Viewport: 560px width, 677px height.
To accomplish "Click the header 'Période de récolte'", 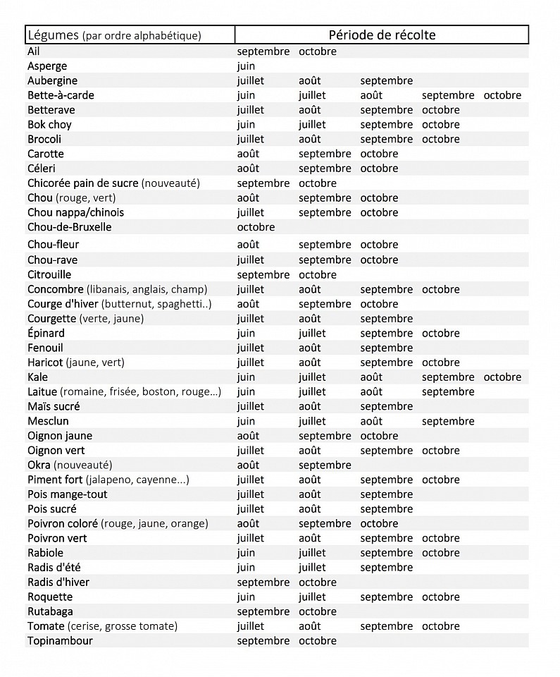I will point(382,35).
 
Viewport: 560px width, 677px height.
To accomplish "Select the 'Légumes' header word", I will point(53,35).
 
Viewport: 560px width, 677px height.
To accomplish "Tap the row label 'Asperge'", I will point(47,66).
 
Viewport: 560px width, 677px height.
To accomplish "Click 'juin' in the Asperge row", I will point(247,66).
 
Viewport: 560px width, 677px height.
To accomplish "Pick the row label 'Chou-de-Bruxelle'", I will point(69,227).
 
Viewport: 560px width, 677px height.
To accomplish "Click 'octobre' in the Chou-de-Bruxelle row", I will point(256,227).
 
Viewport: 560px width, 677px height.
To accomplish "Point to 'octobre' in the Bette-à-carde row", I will point(502,95).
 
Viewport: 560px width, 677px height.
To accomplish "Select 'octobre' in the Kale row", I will point(502,377).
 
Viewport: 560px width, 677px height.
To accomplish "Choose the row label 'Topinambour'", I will point(60,640).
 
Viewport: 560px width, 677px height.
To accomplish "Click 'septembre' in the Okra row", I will point(325,465).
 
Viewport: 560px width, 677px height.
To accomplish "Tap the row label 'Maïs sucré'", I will point(54,406).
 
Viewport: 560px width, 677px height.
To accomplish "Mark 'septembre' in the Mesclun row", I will point(448,421).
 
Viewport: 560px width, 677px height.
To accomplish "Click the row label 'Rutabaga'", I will point(50,611).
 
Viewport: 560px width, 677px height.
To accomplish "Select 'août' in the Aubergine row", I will point(309,80).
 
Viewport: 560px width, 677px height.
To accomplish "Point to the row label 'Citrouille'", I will point(49,274).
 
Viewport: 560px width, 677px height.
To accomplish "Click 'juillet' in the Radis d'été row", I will point(312,567).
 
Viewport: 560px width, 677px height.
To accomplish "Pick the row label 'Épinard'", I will point(46,333).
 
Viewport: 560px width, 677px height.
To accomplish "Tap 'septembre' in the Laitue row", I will point(448,391).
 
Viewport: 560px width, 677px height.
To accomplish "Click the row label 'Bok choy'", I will point(49,125).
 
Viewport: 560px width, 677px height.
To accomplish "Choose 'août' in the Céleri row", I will point(248,169).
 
